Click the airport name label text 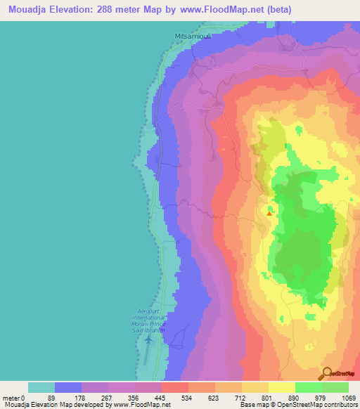click(x=154, y=322)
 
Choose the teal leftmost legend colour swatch click(x=41, y=387)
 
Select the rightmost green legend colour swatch click(x=335, y=387)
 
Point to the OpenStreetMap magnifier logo click(x=327, y=374)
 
